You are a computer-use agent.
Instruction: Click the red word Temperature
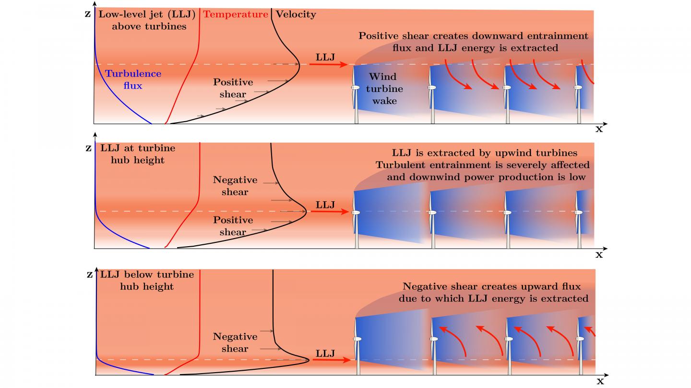click(x=235, y=14)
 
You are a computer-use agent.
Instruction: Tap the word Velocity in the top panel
click(x=296, y=14)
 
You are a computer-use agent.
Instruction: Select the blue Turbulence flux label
click(x=133, y=80)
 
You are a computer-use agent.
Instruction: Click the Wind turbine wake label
click(x=384, y=89)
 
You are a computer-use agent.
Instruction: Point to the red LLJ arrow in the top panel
click(x=329, y=64)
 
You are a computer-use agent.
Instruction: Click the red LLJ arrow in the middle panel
click(x=330, y=212)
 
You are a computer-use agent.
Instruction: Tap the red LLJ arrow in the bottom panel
click(x=332, y=360)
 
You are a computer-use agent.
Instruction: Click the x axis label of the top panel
click(x=599, y=129)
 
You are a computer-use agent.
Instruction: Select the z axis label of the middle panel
click(x=88, y=148)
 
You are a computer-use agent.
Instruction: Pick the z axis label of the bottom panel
click(x=90, y=274)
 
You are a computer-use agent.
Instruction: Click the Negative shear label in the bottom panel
click(x=235, y=342)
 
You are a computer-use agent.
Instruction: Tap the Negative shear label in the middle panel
click(x=235, y=186)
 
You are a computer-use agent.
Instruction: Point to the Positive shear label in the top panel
click(x=233, y=88)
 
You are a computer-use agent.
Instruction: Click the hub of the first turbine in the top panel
click(x=356, y=88)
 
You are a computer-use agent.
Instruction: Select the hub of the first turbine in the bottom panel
click(x=357, y=339)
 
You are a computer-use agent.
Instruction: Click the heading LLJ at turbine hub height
click(x=138, y=154)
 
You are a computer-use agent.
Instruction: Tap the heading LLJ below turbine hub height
click(x=147, y=281)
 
